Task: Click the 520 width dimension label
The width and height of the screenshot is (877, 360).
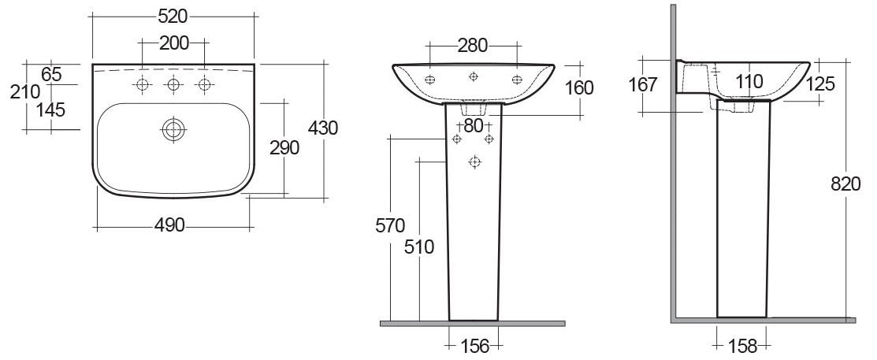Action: point(173,16)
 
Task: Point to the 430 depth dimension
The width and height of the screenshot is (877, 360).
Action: point(323,128)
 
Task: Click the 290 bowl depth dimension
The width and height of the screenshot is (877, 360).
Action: point(284,147)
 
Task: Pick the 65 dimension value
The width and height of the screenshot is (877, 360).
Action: point(51,75)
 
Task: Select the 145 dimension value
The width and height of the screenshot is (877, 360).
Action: point(51,110)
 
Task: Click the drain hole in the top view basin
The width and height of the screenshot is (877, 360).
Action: point(172,129)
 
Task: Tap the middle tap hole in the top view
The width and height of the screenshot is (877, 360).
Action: point(173,84)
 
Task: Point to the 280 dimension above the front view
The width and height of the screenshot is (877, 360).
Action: point(473,45)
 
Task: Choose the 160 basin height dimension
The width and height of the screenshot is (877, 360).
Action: point(579,87)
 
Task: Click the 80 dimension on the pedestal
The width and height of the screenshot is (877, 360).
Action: point(473,124)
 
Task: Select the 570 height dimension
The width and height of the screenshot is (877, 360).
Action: point(391,225)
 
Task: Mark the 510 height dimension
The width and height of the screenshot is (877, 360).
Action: point(419,247)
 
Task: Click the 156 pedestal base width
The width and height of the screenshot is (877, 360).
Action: point(474,344)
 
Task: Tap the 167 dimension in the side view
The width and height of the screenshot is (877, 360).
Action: point(644,84)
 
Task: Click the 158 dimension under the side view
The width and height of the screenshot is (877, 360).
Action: point(742,344)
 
